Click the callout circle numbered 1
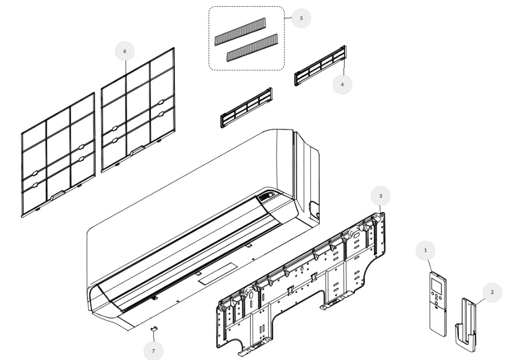pyautogui.click(x=425, y=251)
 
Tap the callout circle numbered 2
pyautogui.click(x=492, y=292)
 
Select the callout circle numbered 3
pyautogui.click(x=381, y=195)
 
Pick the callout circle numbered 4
pyautogui.click(x=342, y=84)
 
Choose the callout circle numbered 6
pyautogui.click(x=124, y=51)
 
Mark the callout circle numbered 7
pyautogui.click(x=153, y=351)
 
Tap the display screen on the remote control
pyautogui.click(x=438, y=285)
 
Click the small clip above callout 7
pyautogui.click(x=154, y=329)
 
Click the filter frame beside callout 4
pyautogui.click(x=320, y=66)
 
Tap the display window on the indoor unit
pyautogui.click(x=267, y=197)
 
